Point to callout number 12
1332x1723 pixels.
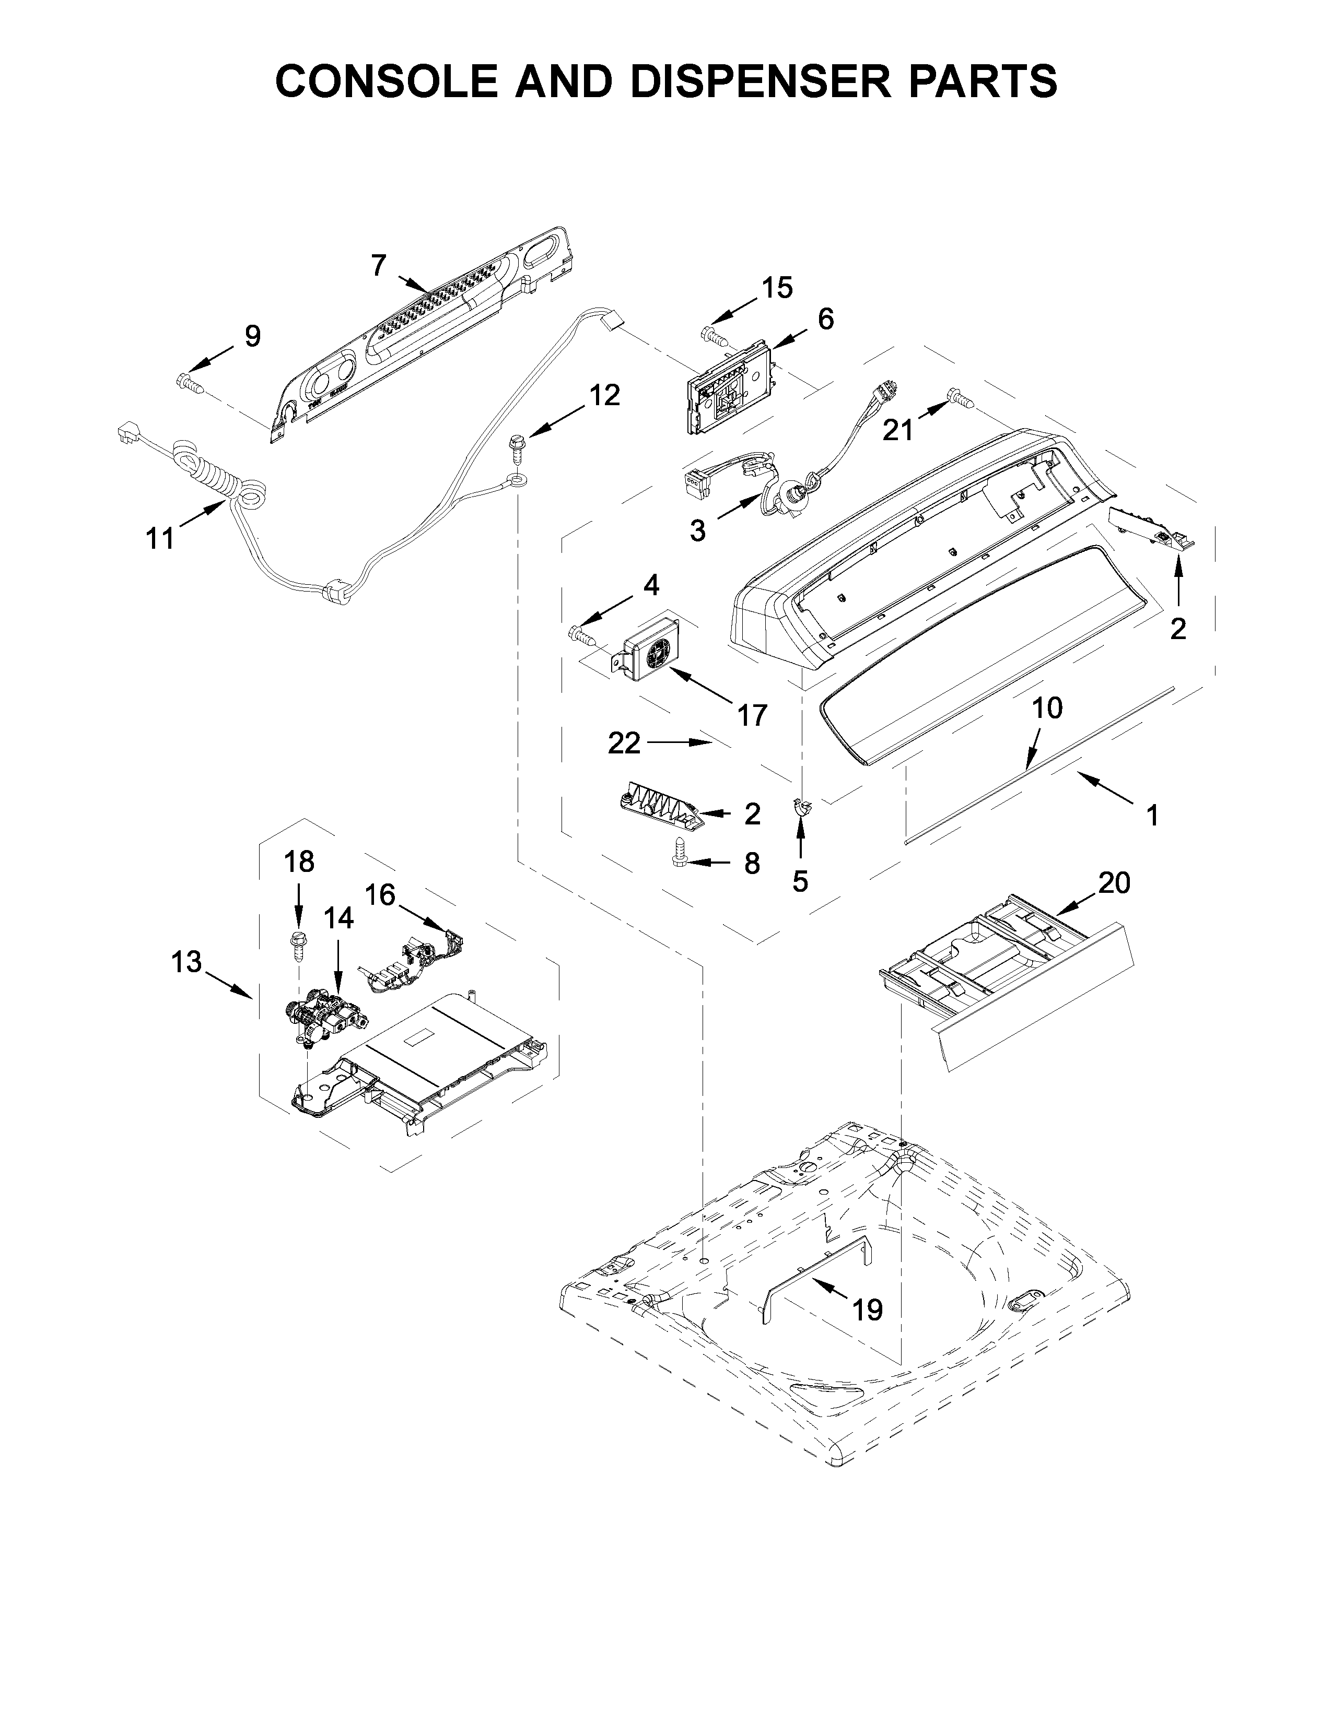pos(604,395)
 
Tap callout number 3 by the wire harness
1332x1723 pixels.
pos(697,531)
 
